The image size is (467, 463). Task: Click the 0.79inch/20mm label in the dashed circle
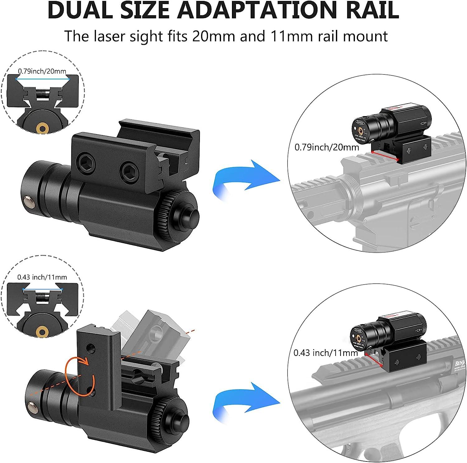click(x=42, y=71)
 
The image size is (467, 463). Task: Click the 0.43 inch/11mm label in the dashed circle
click(x=42, y=277)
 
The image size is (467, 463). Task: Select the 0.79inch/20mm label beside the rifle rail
click(x=327, y=147)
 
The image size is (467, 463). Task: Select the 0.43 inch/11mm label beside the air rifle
click(x=326, y=353)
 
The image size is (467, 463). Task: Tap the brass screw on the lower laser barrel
click(x=31, y=405)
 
